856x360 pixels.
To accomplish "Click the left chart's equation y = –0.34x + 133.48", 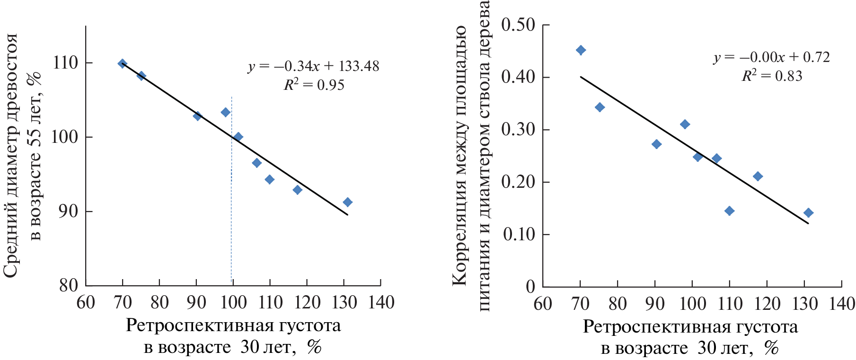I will coord(313,66).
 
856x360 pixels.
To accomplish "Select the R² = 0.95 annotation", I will coord(314,85).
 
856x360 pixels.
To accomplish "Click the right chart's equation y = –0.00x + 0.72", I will coord(771,57).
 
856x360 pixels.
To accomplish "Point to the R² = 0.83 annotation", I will coord(772,76).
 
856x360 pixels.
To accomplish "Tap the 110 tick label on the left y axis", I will coord(65,63).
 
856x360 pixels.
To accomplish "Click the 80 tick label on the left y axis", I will coord(69,285).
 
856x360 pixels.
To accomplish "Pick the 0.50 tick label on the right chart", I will coord(518,25).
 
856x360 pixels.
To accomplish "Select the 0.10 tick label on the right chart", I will coord(519,234).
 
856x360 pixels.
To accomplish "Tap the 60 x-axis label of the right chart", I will coord(543,304).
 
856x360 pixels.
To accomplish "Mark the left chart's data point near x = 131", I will coord(347,202).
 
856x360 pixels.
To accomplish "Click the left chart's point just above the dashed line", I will coord(226,112).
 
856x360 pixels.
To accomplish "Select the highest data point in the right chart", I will coord(581,50).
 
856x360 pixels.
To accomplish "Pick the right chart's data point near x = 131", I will coord(808,213).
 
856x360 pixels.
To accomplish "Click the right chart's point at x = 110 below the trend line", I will coord(729,211).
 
